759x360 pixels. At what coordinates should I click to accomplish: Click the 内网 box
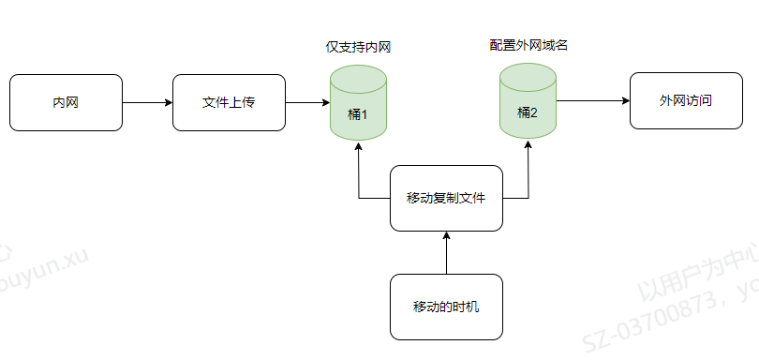click(x=66, y=102)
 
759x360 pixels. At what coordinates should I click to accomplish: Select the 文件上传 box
click(x=229, y=102)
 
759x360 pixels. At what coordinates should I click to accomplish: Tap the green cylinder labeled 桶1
click(x=358, y=104)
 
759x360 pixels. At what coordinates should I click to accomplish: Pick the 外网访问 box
click(x=685, y=100)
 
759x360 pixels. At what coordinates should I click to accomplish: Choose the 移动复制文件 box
click(x=446, y=198)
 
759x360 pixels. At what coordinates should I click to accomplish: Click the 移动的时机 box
click(x=446, y=307)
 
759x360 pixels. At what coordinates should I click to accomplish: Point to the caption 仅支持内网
click(x=358, y=48)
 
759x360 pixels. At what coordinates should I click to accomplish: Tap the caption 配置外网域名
click(x=528, y=44)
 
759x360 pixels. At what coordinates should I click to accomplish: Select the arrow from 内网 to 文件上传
click(x=147, y=103)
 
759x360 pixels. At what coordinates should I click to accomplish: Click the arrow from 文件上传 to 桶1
click(x=306, y=103)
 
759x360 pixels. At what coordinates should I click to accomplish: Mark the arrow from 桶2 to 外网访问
click(x=592, y=100)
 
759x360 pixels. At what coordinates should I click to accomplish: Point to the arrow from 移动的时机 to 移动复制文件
click(x=446, y=252)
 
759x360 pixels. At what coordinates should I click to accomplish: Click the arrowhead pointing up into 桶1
click(x=358, y=147)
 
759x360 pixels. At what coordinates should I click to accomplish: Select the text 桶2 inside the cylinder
click(x=528, y=112)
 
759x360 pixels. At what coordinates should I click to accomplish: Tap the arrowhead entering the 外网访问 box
click(x=624, y=100)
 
